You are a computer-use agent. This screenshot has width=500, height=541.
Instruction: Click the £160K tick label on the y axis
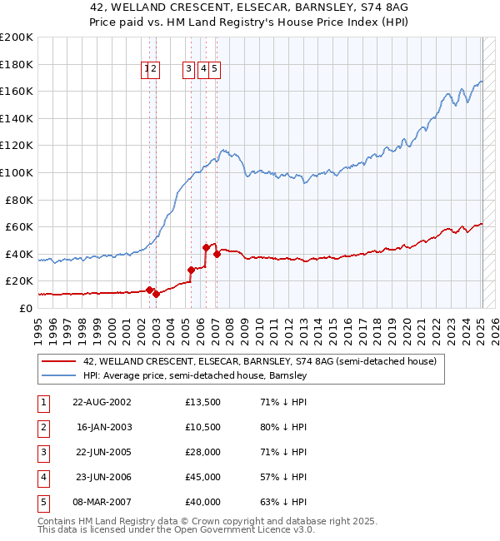coord(17,91)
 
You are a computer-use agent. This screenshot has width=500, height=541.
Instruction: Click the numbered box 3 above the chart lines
coord(189,70)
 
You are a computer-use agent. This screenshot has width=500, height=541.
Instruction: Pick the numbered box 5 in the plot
coord(215,70)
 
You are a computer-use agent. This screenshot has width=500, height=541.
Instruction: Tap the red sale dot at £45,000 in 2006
coord(206,247)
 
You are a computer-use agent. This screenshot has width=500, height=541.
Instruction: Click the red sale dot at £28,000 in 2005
coord(191,270)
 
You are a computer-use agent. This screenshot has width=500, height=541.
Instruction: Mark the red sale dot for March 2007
coord(217,254)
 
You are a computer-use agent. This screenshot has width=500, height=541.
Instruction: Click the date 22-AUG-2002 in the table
coord(102,401)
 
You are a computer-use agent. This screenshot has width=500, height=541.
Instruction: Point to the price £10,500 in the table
coord(202,427)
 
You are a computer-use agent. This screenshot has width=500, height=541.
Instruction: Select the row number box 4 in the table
coord(42,478)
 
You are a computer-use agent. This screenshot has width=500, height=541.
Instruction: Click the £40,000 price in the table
coord(202,503)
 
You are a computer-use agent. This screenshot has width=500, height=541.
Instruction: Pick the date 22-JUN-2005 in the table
coord(102,452)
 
